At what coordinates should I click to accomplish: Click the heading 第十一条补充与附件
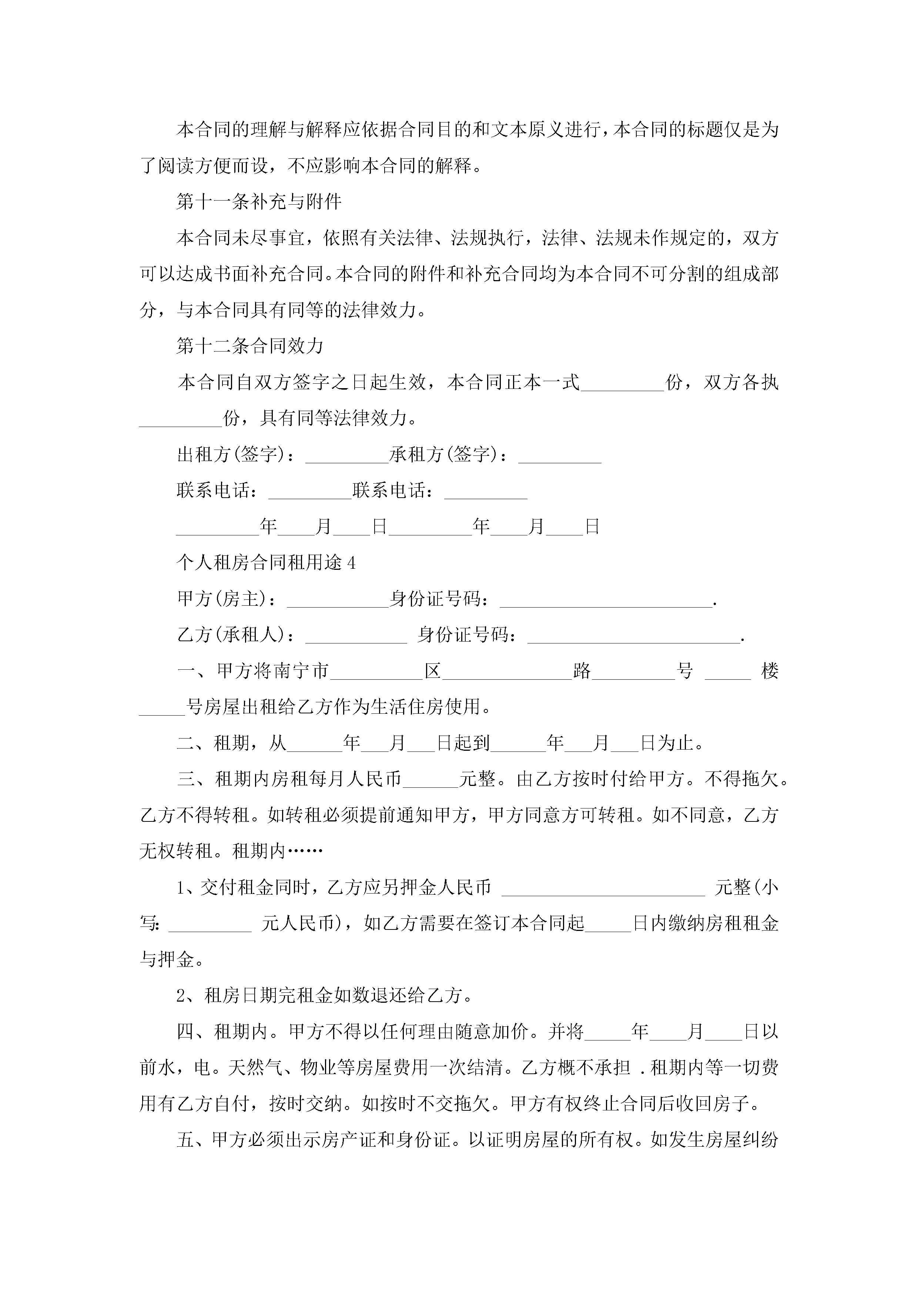click(259, 202)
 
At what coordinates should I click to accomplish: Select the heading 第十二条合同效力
click(250, 346)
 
